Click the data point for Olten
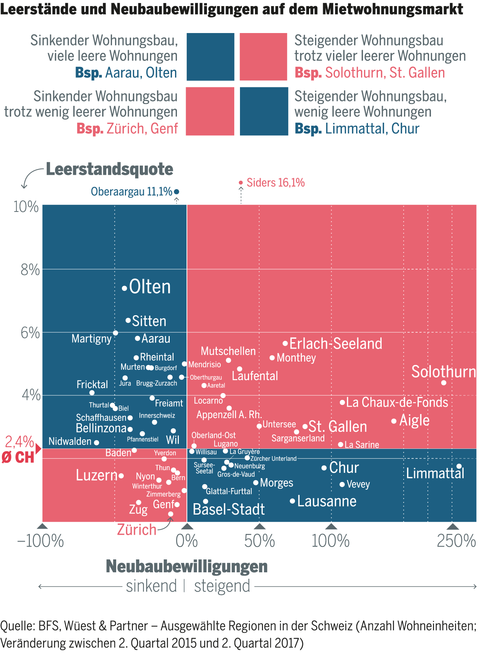pyautogui.click(x=124, y=289)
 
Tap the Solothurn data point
pyautogui.click(x=444, y=383)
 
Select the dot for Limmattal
pyautogui.click(x=459, y=466)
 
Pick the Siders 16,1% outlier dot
pyautogui.click(x=241, y=183)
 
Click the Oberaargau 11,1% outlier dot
pyautogui.click(x=177, y=192)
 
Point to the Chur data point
pyautogui.click(x=324, y=468)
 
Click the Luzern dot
pyautogui.click(x=121, y=476)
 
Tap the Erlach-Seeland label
pyautogui.click(x=336, y=344)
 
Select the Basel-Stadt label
pyautogui.click(x=229, y=509)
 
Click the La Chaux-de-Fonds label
pyautogui.click(x=397, y=402)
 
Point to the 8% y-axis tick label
pyautogui.click(x=30, y=270)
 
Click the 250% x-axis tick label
pyautogui.click(x=456, y=541)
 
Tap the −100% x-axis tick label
pyautogui.click(x=41, y=541)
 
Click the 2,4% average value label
pyautogui.click(x=19, y=442)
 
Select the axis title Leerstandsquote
pyautogui.click(x=109, y=169)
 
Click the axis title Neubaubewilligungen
pyautogui.click(x=187, y=566)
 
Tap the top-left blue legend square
pyautogui.click(x=210, y=57)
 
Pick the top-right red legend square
pyautogui.click(x=264, y=57)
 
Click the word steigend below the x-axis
pyautogui.click(x=222, y=586)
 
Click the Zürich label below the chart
pyautogui.click(x=137, y=530)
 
